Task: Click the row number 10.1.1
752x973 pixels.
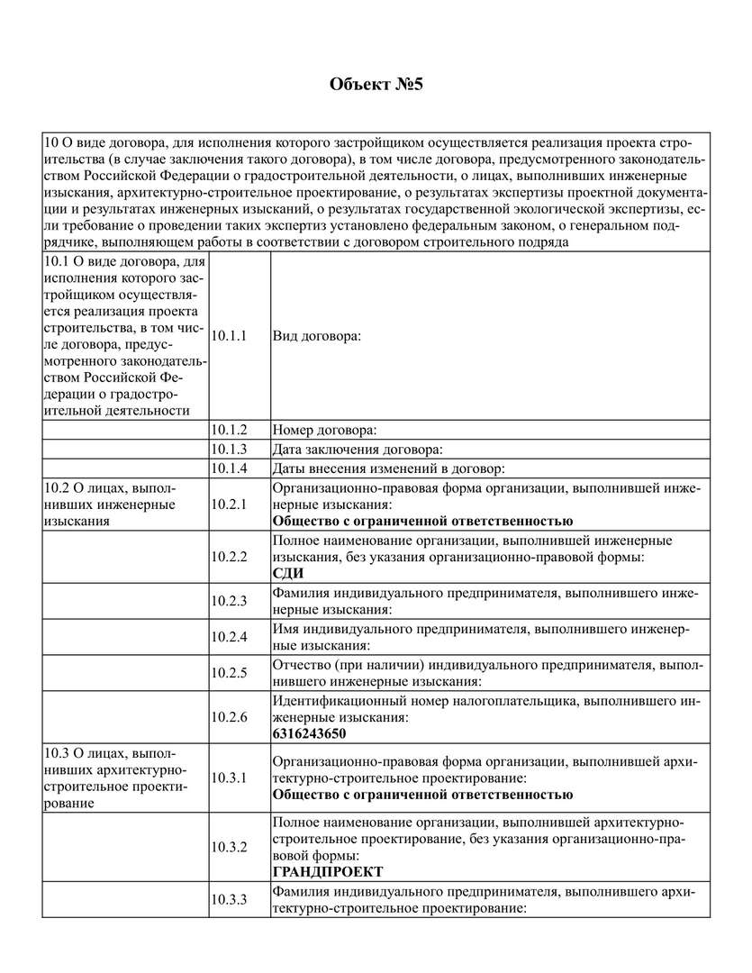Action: pos(229,335)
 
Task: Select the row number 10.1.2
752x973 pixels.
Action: pos(229,430)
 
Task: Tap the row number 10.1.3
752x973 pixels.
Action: pos(229,449)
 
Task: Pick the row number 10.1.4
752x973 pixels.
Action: pos(229,468)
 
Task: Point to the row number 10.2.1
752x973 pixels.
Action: pos(229,504)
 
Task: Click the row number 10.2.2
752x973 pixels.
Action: pos(229,556)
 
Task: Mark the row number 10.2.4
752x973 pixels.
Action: pos(229,636)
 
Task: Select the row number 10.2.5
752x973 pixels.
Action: pos(229,672)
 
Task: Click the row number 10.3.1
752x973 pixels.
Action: pos(229,777)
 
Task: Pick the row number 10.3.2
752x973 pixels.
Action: pos(229,846)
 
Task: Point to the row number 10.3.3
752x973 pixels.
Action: pos(229,899)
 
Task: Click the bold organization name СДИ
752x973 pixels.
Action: pos(288,573)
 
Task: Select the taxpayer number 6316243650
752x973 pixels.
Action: pos(309,733)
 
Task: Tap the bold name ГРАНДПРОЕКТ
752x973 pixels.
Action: pos(327,871)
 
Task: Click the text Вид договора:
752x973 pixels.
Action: pos(315,335)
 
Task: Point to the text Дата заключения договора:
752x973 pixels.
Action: pos(357,449)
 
